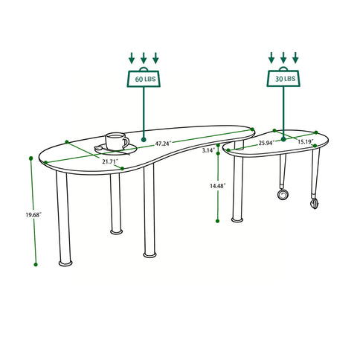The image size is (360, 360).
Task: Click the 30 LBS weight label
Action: [x=283, y=78]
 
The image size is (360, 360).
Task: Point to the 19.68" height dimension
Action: [x=22, y=216]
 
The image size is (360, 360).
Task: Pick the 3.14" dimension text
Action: [x=209, y=150]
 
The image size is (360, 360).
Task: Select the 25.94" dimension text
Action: [x=266, y=143]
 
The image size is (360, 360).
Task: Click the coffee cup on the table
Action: [x=115, y=140]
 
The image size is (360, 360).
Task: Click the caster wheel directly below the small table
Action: [x=283, y=195]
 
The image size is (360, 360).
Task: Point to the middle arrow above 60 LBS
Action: [x=144, y=57]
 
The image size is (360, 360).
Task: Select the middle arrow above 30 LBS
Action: [x=283, y=57]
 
